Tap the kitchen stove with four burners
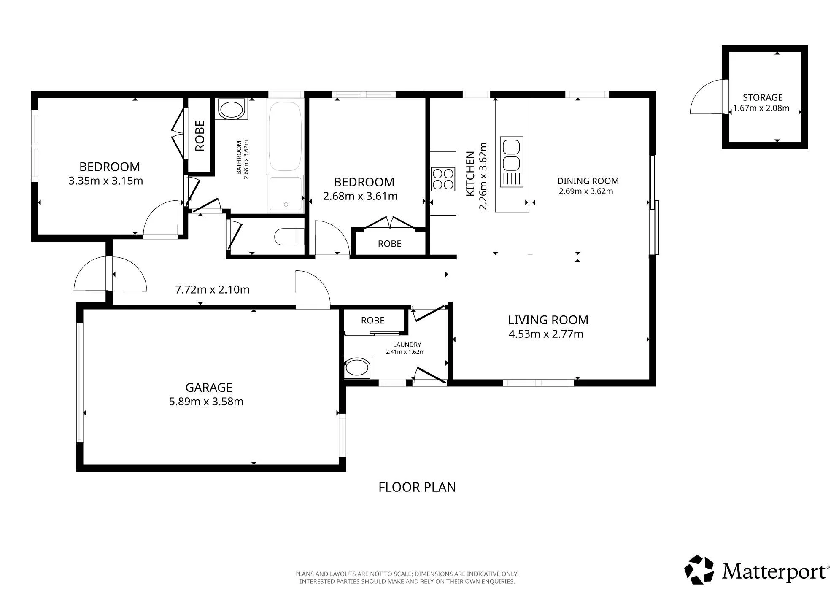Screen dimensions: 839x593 coord(442,179)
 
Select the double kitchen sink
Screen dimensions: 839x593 coord(511,162)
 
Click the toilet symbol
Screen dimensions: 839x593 coord(289,237)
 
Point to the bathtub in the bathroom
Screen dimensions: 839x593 coord(285,136)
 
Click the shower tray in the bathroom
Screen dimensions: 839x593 coord(286,194)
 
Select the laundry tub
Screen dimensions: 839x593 coord(358,368)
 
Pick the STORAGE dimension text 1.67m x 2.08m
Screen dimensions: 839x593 coord(761,108)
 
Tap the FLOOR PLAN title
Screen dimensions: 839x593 coord(417,487)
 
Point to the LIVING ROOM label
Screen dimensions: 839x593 coord(548,320)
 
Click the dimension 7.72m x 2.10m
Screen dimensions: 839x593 coord(212,290)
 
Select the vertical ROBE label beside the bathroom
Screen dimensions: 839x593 coord(200,136)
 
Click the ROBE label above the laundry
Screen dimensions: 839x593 coord(373,321)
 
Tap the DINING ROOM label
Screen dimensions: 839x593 coord(588,181)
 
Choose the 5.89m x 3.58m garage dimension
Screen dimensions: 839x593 coord(206,402)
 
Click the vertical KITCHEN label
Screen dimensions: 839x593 coord(470,173)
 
